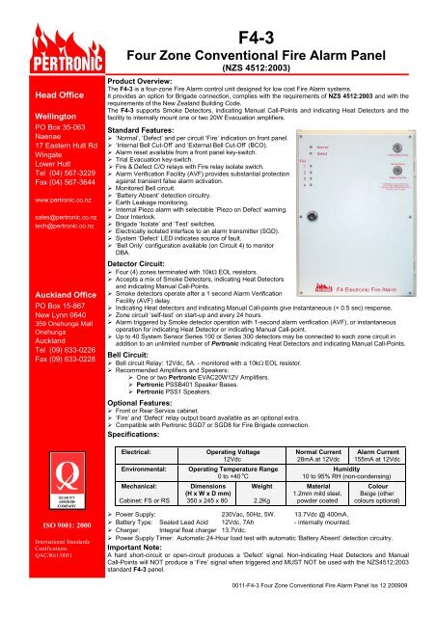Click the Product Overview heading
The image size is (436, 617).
pyautogui.click(x=144, y=55)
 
